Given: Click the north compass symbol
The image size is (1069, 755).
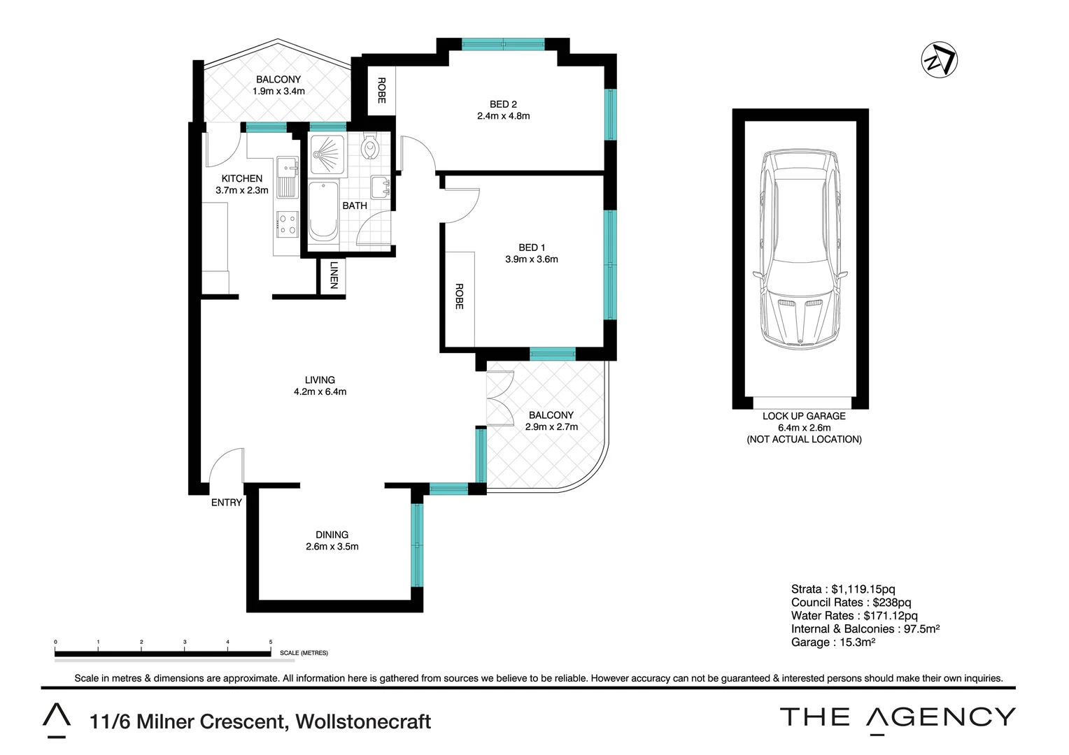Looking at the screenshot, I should point(939,60).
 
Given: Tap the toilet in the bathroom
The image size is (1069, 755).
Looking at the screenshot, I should point(370,148).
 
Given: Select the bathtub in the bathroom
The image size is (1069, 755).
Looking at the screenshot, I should point(323,212).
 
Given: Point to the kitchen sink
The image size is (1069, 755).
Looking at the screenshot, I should point(288,178).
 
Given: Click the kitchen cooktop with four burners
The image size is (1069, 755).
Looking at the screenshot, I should point(288,224).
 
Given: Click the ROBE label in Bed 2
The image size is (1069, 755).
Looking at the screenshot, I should point(381,90).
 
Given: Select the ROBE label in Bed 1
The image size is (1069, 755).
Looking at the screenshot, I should point(459,296).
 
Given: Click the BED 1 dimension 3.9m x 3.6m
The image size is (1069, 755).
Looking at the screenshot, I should point(532,259).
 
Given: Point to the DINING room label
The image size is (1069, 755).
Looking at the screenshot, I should point(332,535).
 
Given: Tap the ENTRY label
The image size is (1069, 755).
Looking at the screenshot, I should point(227,503).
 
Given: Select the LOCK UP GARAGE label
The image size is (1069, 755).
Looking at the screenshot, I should point(804,416).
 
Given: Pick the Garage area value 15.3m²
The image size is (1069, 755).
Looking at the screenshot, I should point(854,642).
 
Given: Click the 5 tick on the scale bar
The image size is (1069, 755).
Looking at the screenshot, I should point(271,642).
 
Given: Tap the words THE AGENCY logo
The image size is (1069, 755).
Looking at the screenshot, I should point(898,717).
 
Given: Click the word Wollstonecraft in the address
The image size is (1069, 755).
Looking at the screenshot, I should point(364,721).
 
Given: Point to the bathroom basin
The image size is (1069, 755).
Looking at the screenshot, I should point(381,187).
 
